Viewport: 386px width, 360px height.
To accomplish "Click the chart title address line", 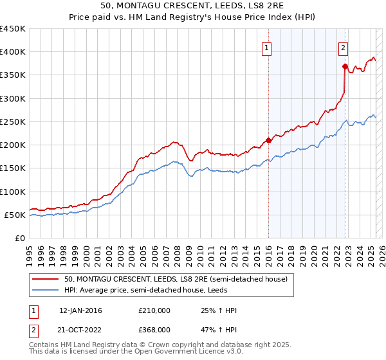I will pos(193,5).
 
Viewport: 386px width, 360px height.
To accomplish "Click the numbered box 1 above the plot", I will pos(266,47).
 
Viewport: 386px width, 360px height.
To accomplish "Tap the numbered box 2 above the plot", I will pos(344,47).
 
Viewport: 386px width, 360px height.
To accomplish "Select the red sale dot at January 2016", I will pos(268,140).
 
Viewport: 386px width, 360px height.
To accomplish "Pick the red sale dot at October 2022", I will pos(345,66).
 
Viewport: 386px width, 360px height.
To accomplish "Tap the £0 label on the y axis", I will pos(19,239).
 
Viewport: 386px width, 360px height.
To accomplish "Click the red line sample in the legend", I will pos(46,279).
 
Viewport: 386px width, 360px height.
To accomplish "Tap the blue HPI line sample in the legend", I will pos(46,290).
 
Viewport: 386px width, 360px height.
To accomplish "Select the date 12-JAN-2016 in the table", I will pos(80,310).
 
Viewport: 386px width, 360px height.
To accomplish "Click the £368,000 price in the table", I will pos(154,329).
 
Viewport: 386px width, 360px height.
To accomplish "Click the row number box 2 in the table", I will pos(33,329).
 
